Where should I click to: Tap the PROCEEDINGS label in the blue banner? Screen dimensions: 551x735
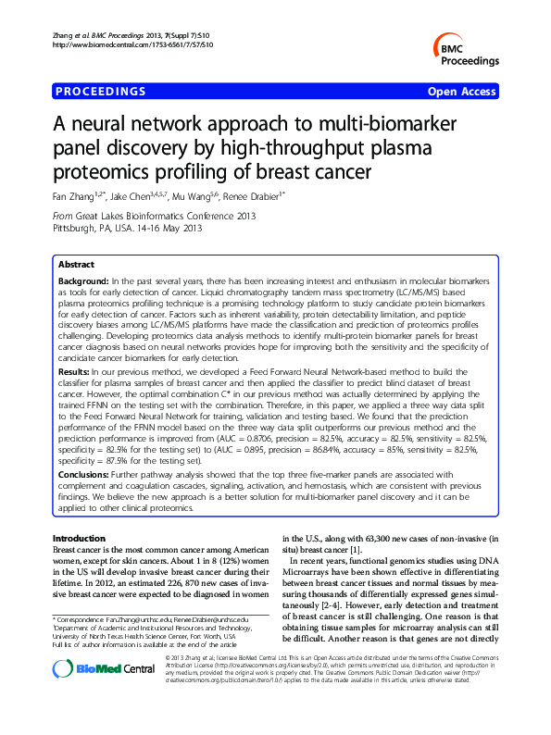click(101, 92)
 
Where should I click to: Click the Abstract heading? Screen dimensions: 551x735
click(76, 265)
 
